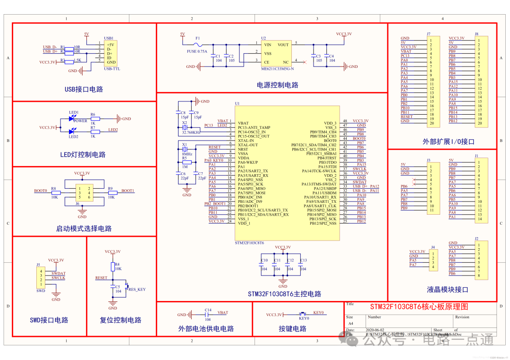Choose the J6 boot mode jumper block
[82, 193]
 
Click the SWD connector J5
[41, 278]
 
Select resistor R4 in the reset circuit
[113, 267]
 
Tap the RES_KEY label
[137, 289]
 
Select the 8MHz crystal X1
[185, 150]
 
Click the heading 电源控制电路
[277, 85]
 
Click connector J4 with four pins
[433, 258]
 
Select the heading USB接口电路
[84, 89]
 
